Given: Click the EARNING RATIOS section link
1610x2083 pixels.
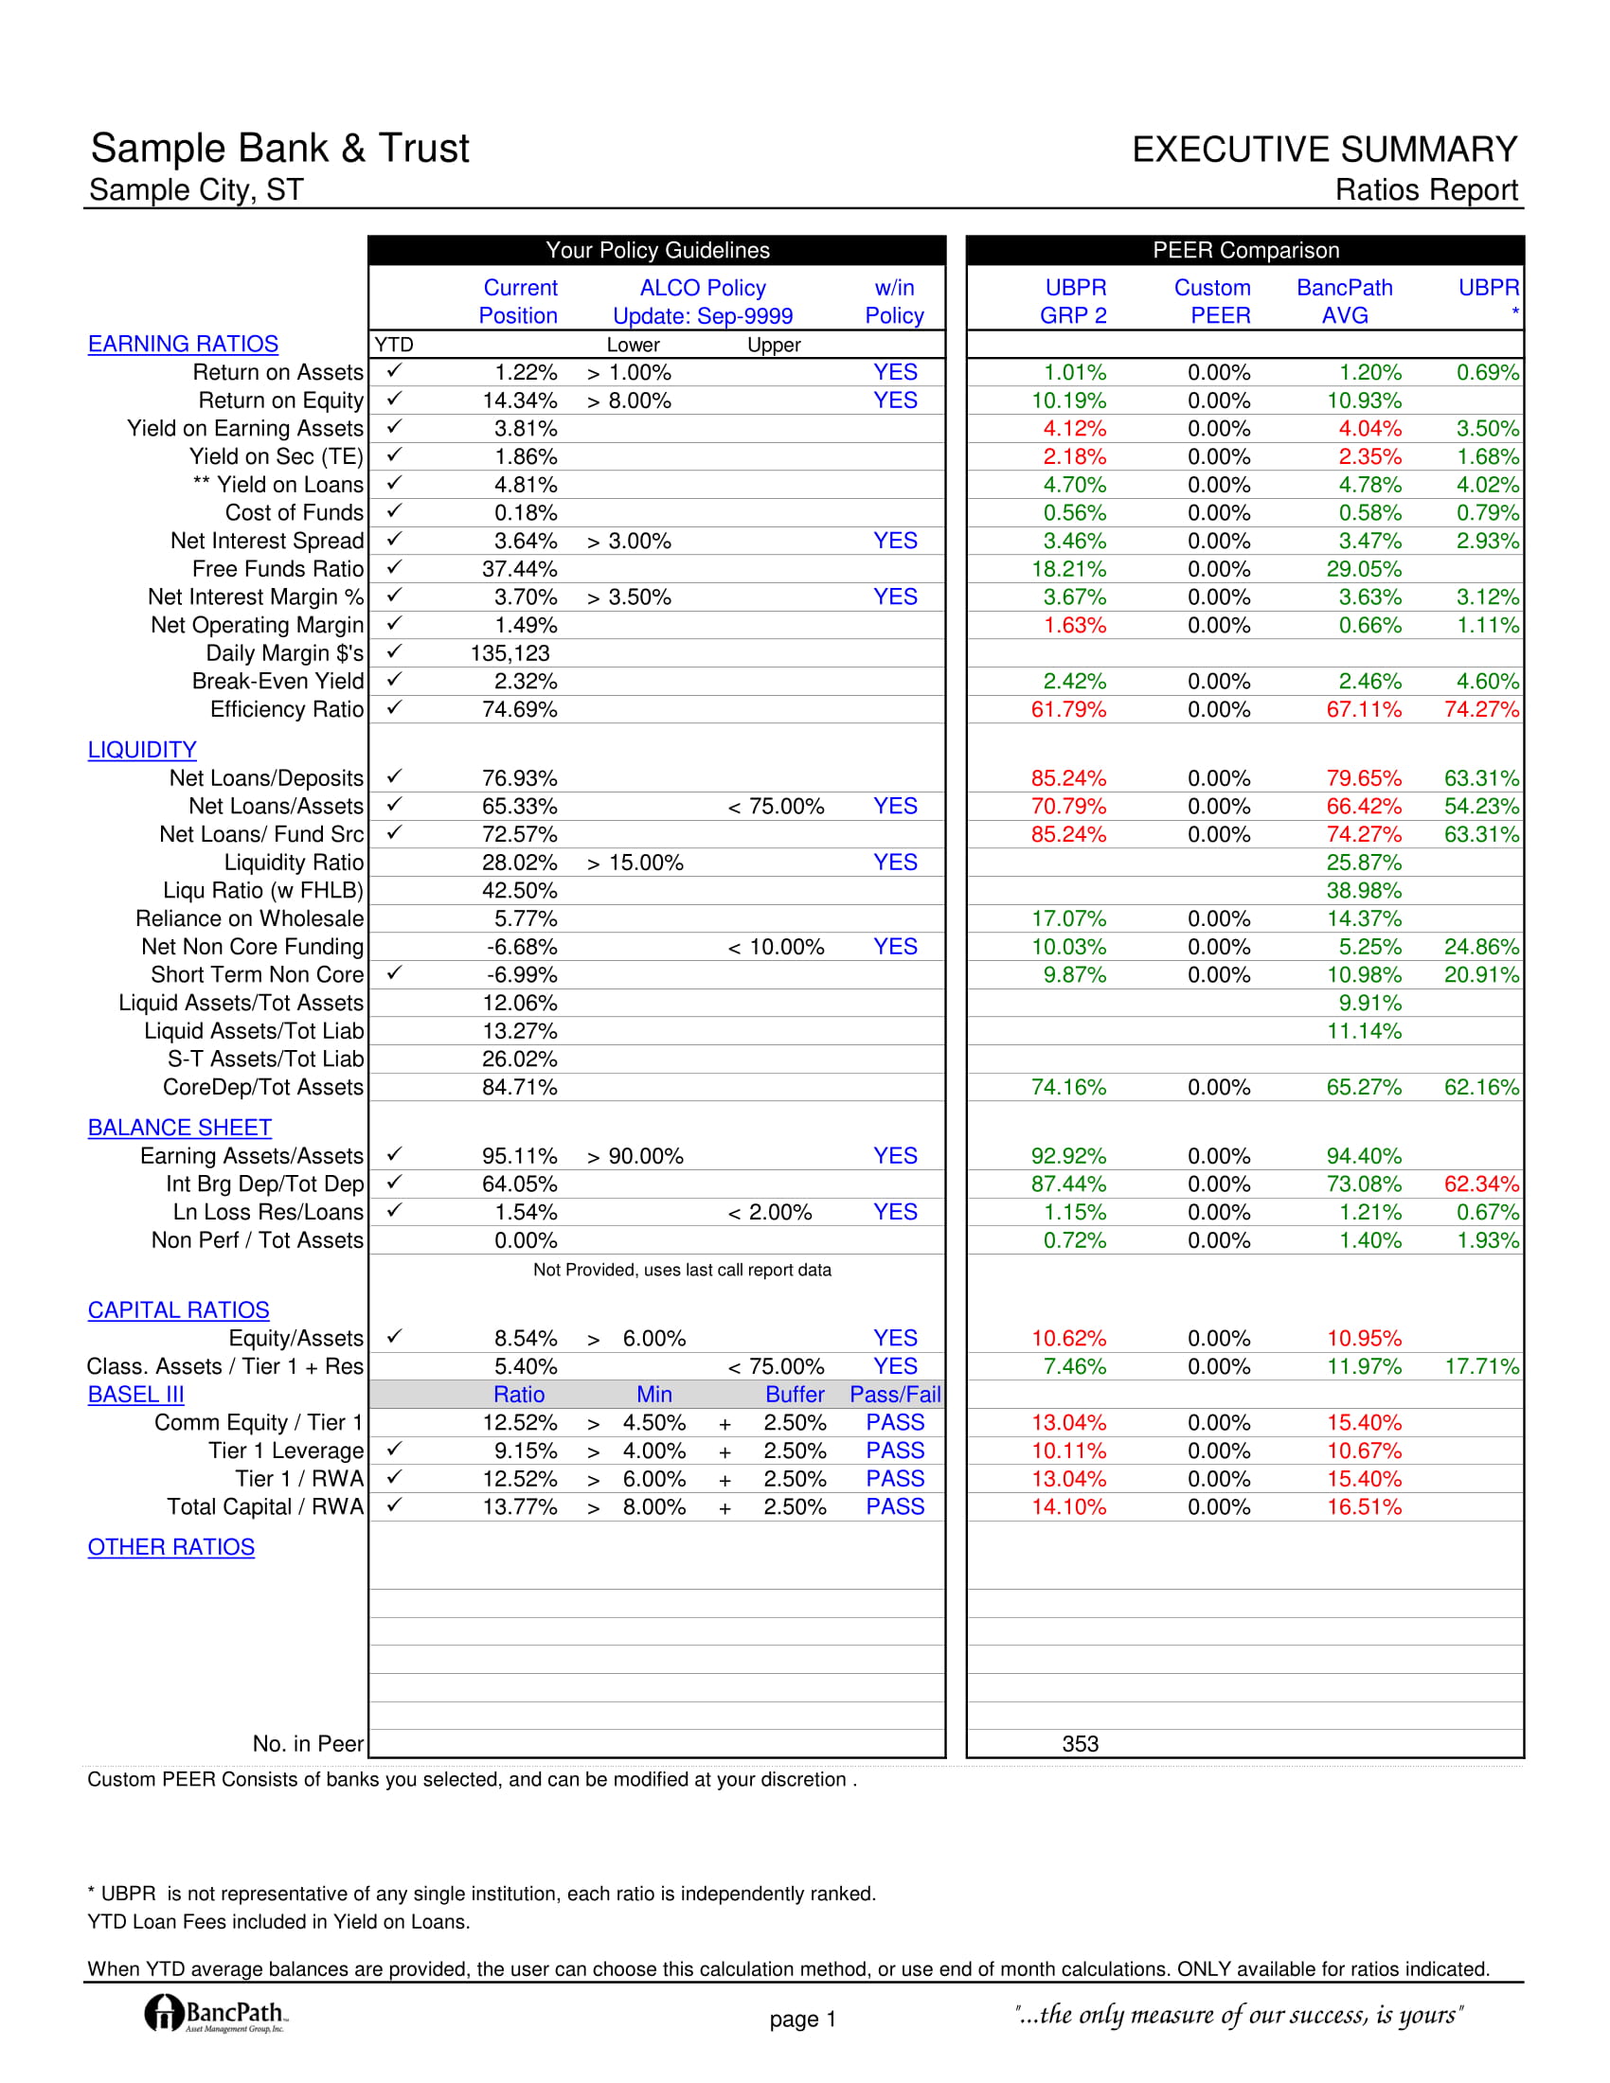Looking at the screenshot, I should pyautogui.click(x=183, y=345).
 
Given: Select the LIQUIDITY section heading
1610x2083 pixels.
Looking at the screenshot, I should pyautogui.click(x=142, y=751).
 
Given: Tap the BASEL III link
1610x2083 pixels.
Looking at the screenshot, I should pyautogui.click(x=135, y=1395).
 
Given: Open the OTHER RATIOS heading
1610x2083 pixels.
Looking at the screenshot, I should pyautogui.click(x=170, y=1547).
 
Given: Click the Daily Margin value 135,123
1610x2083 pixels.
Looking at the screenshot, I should pyautogui.click(x=510, y=653).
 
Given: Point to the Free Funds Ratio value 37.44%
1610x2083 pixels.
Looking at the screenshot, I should pyautogui.click(x=519, y=569).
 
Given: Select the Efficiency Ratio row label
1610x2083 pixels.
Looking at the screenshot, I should pyautogui.click(x=286, y=709).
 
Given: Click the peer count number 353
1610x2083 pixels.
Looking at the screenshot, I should pyautogui.click(x=1080, y=1743).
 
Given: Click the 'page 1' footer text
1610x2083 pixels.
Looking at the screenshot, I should pyautogui.click(x=802, y=2020).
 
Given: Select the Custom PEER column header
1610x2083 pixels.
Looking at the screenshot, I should pyautogui.click(x=1212, y=301).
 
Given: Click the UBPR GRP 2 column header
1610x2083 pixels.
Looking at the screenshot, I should pyautogui.click(x=1074, y=301).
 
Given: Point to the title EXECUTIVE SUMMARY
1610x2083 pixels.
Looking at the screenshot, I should pyautogui.click(x=1324, y=150).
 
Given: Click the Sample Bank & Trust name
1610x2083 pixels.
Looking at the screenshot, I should pyautogui.click(x=279, y=149).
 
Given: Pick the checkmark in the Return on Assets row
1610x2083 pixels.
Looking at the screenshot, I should pyautogui.click(x=394, y=371).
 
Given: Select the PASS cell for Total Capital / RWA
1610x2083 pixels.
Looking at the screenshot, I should pyautogui.click(x=895, y=1507).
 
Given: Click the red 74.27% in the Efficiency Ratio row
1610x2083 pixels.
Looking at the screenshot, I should pyautogui.click(x=1481, y=709).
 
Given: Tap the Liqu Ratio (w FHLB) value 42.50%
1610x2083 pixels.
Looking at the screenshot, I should pyautogui.click(x=519, y=891).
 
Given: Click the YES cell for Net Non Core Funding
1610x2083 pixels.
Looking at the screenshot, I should pyautogui.click(x=895, y=947).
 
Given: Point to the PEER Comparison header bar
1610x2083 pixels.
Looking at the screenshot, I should pyautogui.click(x=1244, y=251).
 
